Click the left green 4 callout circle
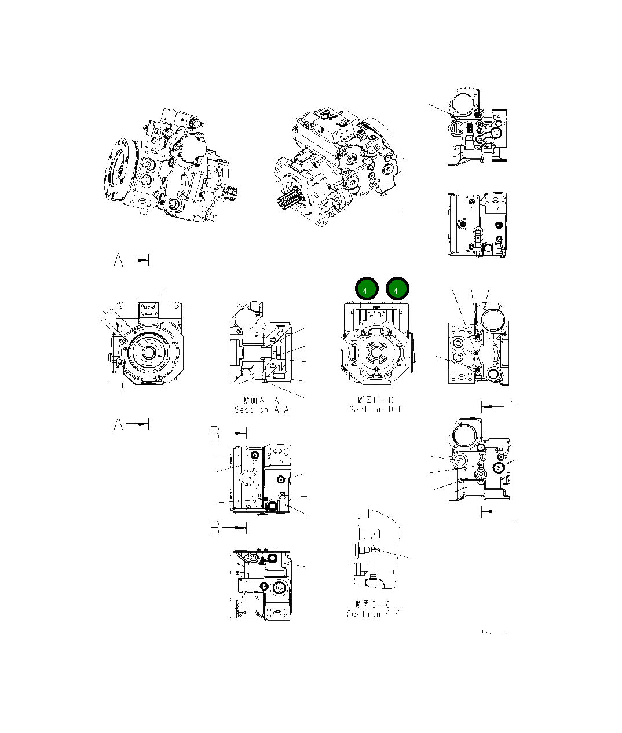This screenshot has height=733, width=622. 366,289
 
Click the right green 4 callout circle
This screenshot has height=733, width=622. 397,289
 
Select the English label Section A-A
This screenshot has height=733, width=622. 261,410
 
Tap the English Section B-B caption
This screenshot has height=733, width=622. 375,409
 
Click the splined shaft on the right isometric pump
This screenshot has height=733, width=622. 290,204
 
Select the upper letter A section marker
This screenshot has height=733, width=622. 119,261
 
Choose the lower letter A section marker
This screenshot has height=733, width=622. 119,424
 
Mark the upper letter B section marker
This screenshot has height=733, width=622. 215,433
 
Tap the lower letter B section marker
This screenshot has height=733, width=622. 215,528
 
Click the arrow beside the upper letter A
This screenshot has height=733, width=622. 144,261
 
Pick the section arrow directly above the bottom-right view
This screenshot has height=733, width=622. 492,407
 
